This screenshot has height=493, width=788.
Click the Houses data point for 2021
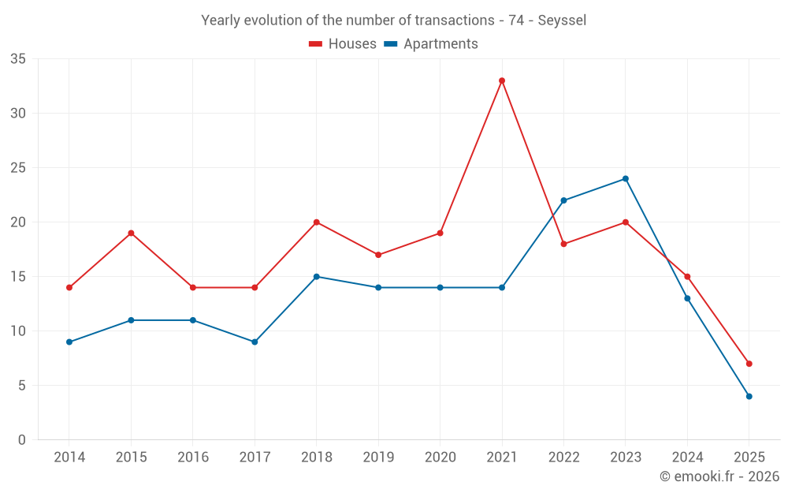click(502, 80)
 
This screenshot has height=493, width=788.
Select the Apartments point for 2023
click(626, 178)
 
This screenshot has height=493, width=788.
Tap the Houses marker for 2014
click(69, 287)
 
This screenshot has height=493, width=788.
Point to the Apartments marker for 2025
click(749, 396)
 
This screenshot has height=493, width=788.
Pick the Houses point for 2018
click(317, 222)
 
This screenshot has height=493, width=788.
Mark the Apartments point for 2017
click(255, 342)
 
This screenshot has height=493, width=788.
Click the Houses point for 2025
click(749, 364)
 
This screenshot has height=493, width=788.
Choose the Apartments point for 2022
click(563, 200)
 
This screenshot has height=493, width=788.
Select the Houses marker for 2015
click(131, 233)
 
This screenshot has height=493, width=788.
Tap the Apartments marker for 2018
click(317, 276)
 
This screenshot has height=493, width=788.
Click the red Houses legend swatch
click(316, 44)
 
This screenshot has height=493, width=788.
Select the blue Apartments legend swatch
click(390, 44)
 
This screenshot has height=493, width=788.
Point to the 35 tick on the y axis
click(18, 59)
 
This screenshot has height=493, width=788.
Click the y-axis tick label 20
click(18, 222)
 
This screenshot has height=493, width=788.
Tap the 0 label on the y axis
click(22, 440)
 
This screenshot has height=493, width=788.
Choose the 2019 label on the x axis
click(378, 458)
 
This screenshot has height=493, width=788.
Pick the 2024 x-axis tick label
click(687, 458)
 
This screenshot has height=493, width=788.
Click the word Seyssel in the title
click(562, 21)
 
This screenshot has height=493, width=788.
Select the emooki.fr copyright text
click(719, 476)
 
